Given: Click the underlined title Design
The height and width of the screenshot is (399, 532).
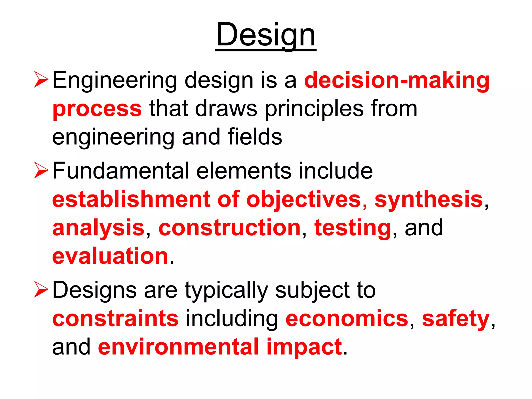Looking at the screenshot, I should click(266, 35).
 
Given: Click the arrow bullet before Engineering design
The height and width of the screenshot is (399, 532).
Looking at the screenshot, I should click(41, 80).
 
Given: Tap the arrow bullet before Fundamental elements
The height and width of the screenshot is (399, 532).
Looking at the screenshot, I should click(41, 170).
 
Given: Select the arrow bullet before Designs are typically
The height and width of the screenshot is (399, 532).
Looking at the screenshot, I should click(41, 290).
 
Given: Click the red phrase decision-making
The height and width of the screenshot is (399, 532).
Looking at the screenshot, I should click(397, 80).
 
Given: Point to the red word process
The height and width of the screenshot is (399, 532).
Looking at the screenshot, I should click(97, 109).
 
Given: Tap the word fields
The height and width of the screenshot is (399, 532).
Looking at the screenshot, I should click(255, 137).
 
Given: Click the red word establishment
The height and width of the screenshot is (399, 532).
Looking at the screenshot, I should click(131, 199).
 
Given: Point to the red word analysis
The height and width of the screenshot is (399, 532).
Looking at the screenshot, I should click(98, 228).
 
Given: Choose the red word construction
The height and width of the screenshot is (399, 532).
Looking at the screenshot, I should click(230, 228).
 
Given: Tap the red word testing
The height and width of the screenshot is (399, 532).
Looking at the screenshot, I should click(353, 228).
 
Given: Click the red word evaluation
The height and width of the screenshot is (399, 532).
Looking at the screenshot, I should click(110, 256).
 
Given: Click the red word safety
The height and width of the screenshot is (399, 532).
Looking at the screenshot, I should click(456, 319).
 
